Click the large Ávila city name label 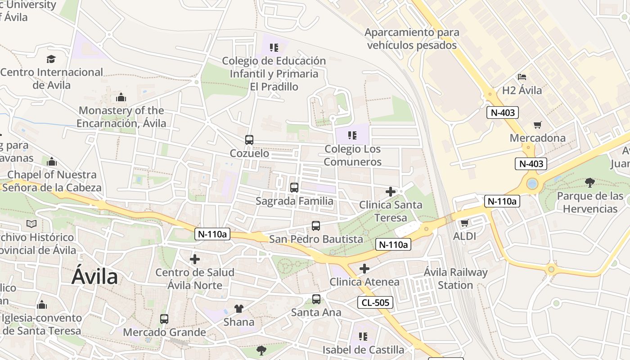tap(95, 277)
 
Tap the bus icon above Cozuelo tap(249, 140)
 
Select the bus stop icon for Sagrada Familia tap(294, 188)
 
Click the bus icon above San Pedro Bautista tap(316, 226)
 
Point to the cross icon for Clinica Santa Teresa tap(391, 192)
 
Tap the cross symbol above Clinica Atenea tap(364, 269)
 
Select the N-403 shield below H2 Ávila tap(502, 112)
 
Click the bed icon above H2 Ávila tap(522, 77)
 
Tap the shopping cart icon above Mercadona tap(538, 125)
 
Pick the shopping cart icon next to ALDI tap(465, 223)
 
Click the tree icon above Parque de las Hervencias tap(590, 182)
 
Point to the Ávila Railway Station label tap(455, 279)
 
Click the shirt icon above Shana tap(239, 309)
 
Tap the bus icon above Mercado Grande tap(164, 319)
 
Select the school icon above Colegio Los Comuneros tap(352, 135)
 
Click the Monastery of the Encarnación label tap(121, 117)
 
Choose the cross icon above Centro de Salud tap(195, 259)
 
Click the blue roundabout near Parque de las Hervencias tap(532, 184)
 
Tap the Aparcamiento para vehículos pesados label tap(412, 39)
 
